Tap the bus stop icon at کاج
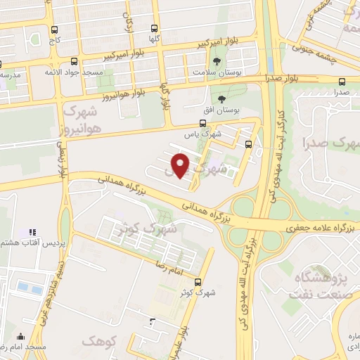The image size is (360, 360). [55, 30]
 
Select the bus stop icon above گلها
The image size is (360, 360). [155, 29]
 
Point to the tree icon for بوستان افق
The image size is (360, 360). [222, 99]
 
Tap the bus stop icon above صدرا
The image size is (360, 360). [342, 82]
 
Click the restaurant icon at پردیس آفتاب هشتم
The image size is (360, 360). [31, 231]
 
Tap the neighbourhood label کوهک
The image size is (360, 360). [96, 341]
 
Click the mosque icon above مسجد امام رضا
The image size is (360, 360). [20, 337]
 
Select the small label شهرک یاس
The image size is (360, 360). [207, 131]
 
